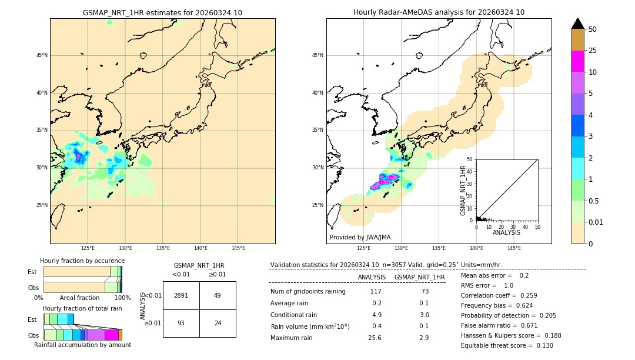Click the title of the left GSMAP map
click(x=162, y=12)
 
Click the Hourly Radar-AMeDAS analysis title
click(x=439, y=12)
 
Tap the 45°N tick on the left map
click(x=42, y=55)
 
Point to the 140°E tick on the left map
click(x=200, y=248)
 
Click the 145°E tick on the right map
click(x=514, y=248)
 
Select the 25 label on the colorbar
click(x=593, y=51)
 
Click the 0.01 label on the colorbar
click(x=595, y=222)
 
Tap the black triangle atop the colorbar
click(x=577, y=24)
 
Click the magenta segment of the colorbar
click(x=577, y=61)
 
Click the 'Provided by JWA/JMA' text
click(x=360, y=237)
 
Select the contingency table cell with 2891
click(x=181, y=295)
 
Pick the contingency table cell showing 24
click(x=218, y=323)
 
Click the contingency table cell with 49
click(x=218, y=295)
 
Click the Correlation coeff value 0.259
click(x=524, y=295)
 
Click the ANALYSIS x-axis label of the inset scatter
click(x=506, y=232)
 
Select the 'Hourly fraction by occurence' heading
click(x=82, y=261)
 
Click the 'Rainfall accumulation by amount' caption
click(x=82, y=345)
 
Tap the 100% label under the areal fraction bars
click(x=122, y=298)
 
